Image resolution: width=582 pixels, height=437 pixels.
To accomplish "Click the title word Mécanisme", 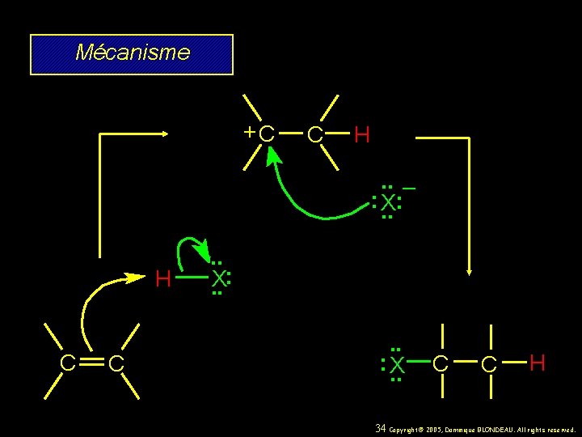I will pos(132,53).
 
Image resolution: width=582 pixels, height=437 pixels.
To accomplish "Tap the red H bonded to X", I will pos(162,280).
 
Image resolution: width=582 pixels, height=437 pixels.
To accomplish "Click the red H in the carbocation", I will pos(362,134).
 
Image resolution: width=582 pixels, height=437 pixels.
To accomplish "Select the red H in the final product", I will pos(537,363).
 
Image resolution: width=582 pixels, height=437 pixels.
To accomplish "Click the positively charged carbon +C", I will pos(266,134).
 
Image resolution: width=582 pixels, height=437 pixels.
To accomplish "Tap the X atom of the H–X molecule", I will pos(218,280).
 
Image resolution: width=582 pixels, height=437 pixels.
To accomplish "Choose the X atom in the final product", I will pos(396,367).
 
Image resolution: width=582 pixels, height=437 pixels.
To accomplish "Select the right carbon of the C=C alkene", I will pos(116,365).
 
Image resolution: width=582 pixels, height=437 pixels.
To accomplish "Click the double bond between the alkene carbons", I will pos(92,364).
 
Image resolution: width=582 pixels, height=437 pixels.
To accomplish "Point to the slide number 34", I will pos(382,428).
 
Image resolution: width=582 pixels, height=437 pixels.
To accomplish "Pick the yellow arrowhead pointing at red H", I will pos(136,278).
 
